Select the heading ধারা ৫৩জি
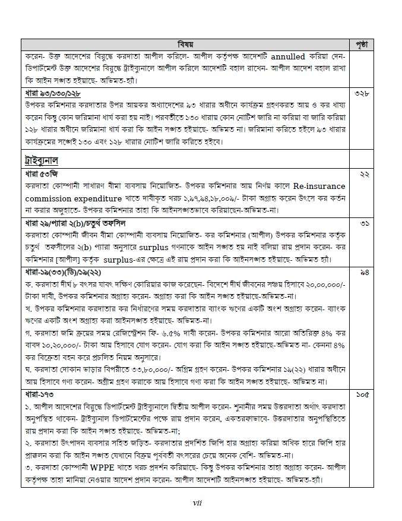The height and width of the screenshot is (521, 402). tap(40, 174)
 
